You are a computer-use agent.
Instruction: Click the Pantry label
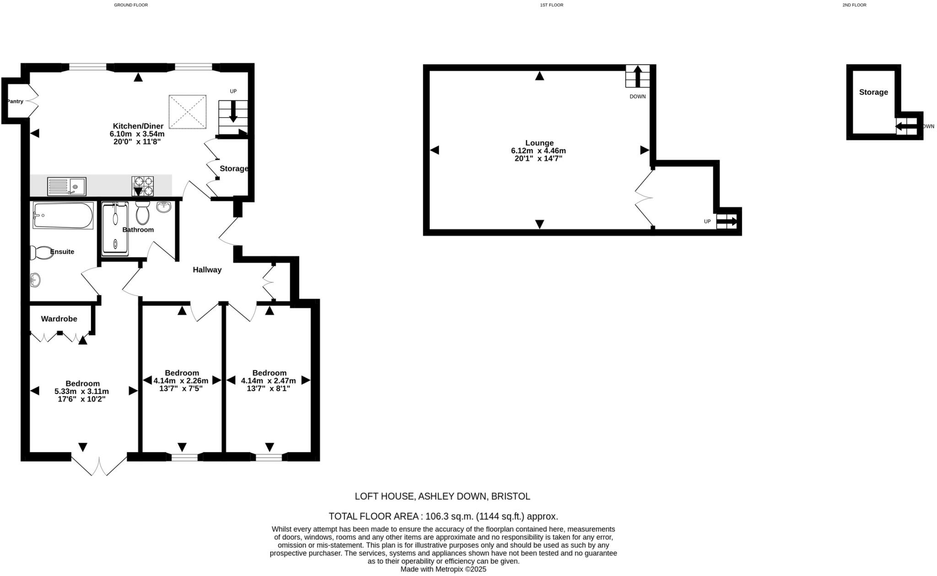pyautogui.click(x=15, y=101)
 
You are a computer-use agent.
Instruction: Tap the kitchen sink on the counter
pyautogui.click(x=67, y=187)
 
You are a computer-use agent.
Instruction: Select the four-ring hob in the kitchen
pyautogui.click(x=143, y=186)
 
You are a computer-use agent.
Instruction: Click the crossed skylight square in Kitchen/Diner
pyautogui.click(x=188, y=112)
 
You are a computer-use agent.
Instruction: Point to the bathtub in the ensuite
pyautogui.click(x=63, y=215)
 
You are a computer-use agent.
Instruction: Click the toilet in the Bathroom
pyautogui.click(x=142, y=213)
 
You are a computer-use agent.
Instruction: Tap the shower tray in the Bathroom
pyautogui.click(x=115, y=229)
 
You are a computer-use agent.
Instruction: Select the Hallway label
pyautogui.click(x=207, y=270)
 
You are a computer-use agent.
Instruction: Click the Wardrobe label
pyautogui.click(x=59, y=319)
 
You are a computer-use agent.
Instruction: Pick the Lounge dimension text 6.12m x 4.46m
pyautogui.click(x=539, y=151)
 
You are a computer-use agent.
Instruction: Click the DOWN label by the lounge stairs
pyautogui.click(x=637, y=97)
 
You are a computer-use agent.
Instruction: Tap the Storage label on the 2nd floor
pyautogui.click(x=873, y=92)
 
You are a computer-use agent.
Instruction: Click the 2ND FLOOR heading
pyautogui.click(x=854, y=5)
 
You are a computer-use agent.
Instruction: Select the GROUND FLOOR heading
pyautogui.click(x=131, y=5)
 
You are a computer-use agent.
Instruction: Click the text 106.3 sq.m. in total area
pyautogui.click(x=449, y=517)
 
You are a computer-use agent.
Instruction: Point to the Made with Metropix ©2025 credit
pyautogui.click(x=443, y=570)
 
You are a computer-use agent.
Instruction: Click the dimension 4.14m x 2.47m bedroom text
pyautogui.click(x=269, y=381)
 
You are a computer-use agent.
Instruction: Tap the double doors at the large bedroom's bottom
pyautogui.click(x=99, y=464)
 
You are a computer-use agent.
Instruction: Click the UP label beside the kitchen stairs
pyautogui.click(x=233, y=92)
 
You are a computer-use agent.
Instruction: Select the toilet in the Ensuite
pyautogui.click(x=41, y=253)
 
